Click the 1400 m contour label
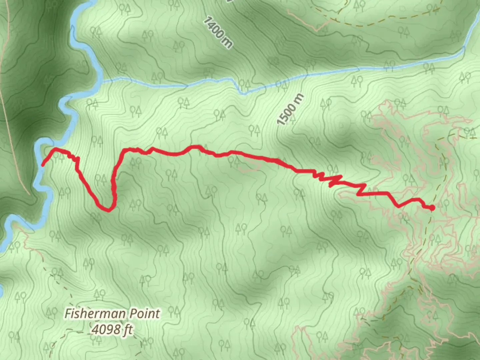218,33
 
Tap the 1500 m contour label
290,109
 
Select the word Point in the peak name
145,314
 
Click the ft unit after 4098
128,330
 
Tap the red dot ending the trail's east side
432,208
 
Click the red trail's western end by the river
43,164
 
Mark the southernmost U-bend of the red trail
109,210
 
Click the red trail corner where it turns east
125,151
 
